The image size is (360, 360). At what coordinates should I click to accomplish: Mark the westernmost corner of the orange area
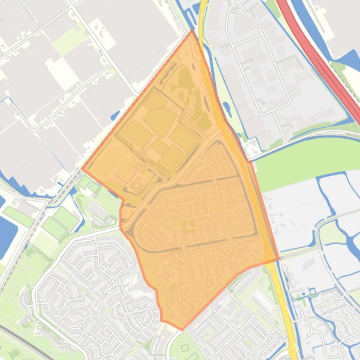(82, 169)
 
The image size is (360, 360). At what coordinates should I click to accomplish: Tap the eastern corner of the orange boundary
(279, 258)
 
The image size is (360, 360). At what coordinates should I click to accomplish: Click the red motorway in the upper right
(323, 61)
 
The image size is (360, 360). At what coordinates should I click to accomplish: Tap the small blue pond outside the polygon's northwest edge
(116, 115)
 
